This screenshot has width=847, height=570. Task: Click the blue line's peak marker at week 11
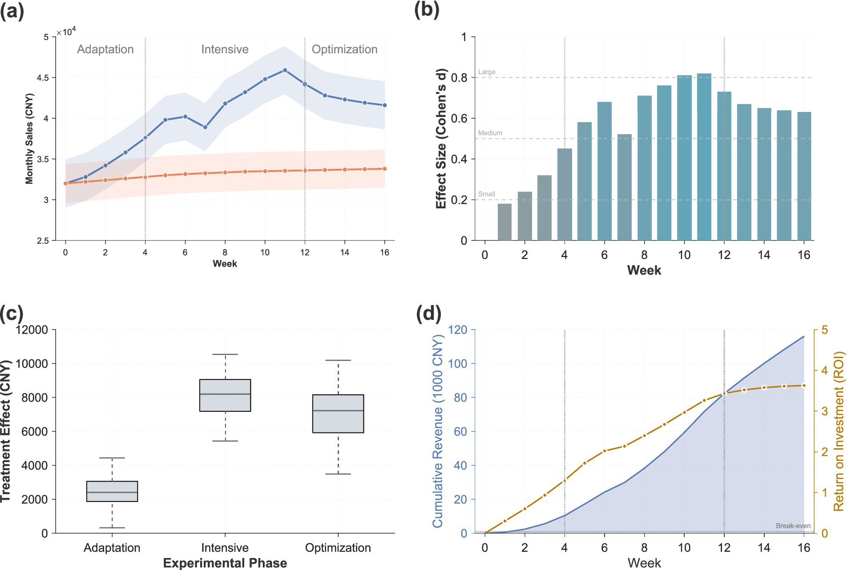coord(285,70)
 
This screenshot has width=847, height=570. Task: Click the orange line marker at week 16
coord(385,169)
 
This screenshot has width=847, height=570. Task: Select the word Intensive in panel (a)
coord(225,49)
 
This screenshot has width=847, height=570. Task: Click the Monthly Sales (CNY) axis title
coord(29,139)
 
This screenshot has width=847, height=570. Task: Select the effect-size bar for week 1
coord(504,222)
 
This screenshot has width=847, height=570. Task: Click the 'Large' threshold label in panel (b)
coord(487,72)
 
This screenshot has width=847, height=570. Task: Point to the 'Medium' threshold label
coord(490,133)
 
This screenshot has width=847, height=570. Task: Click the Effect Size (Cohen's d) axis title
coord(441,139)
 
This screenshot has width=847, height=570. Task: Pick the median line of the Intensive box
coord(225,394)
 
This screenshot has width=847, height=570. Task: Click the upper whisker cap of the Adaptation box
coord(112,458)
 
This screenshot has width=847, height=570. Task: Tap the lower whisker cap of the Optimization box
coord(338,474)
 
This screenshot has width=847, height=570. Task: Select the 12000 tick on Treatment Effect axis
coord(32,330)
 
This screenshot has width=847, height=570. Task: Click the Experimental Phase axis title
coord(225,563)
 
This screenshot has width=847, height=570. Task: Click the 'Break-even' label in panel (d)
coord(793,526)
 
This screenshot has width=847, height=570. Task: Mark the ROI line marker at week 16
coord(804,386)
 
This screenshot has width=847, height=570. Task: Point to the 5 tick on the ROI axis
coord(825,330)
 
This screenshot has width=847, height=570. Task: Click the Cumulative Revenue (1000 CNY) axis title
coord(438,431)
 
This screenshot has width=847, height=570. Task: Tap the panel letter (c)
coord(12,314)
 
